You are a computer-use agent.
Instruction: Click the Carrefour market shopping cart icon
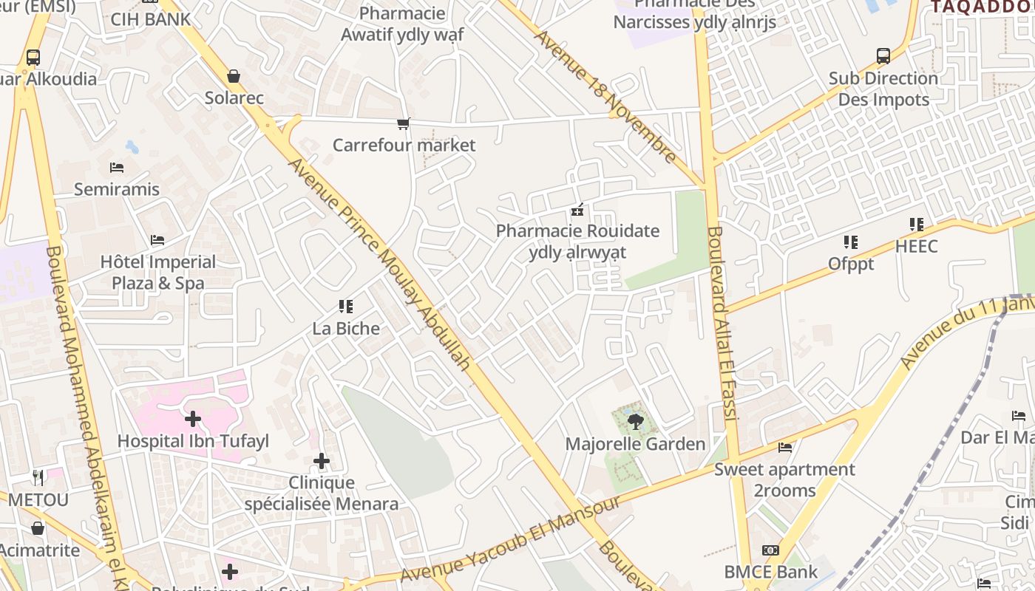click(x=403, y=123)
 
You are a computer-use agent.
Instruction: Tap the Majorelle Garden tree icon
click(x=634, y=423)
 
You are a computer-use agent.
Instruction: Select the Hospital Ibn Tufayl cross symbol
click(x=193, y=419)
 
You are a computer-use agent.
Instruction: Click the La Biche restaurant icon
click(x=345, y=306)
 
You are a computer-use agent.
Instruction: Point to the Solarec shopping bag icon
click(x=234, y=76)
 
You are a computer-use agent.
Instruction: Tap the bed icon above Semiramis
click(x=116, y=168)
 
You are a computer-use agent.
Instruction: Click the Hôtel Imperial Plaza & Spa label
click(x=158, y=273)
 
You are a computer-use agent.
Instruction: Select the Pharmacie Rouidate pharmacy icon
click(x=577, y=210)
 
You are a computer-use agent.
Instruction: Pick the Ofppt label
click(x=851, y=264)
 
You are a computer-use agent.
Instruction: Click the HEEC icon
click(x=917, y=225)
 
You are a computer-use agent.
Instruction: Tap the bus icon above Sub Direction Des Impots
click(x=883, y=56)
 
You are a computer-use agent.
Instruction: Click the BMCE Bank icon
click(x=770, y=550)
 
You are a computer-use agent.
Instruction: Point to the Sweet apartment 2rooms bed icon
click(x=785, y=448)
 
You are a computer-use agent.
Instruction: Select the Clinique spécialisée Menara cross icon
click(x=322, y=461)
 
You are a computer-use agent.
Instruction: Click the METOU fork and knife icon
click(x=38, y=478)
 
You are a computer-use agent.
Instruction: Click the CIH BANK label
click(x=151, y=19)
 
